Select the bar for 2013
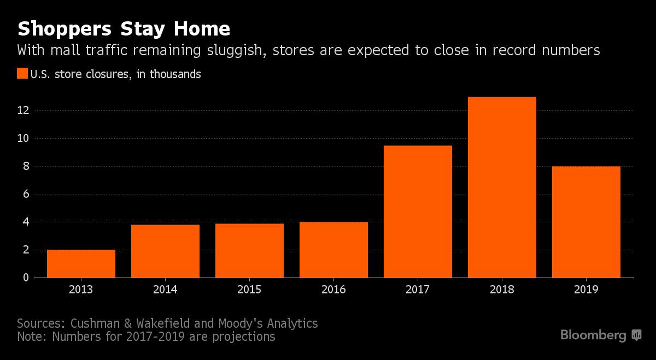[x=81, y=264]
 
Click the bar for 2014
[x=165, y=251]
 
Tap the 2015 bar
[x=249, y=251]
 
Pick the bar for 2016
[x=333, y=250]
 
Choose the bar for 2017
[x=418, y=212]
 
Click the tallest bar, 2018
[x=502, y=187]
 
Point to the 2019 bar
[x=586, y=222]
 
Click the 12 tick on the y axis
[x=23, y=110]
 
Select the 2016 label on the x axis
[x=333, y=290]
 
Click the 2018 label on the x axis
[x=502, y=290]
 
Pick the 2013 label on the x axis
[x=81, y=290]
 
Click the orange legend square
[x=22, y=74]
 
